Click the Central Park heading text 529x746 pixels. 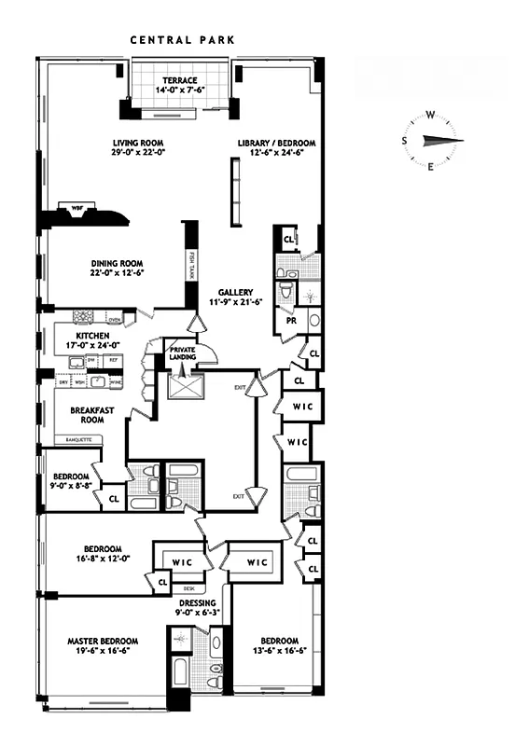pyautogui.click(x=181, y=40)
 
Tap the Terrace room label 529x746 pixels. pyautogui.click(x=179, y=80)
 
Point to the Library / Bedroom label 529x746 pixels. pyautogui.click(x=276, y=143)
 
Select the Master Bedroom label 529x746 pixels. pyautogui.click(x=103, y=641)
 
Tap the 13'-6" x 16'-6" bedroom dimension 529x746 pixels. pyautogui.click(x=279, y=652)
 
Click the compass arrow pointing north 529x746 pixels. pyautogui.click(x=442, y=141)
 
